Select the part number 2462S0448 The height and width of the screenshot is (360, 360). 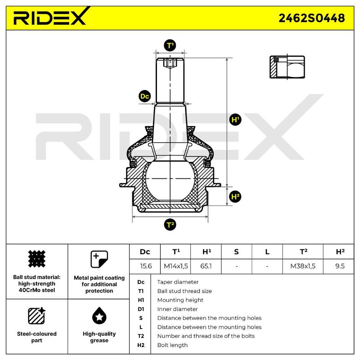[311, 18]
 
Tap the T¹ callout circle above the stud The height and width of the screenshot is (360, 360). [170, 45]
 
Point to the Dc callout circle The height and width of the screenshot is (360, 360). [144, 96]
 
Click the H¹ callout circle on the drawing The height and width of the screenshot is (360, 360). [235, 120]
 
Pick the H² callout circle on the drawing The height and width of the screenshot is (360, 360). [235, 197]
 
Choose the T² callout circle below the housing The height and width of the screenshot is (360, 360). [170, 225]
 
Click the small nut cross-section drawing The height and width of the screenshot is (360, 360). [287, 67]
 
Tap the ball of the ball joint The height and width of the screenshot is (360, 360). [170, 180]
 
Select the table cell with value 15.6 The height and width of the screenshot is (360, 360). [146, 266]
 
